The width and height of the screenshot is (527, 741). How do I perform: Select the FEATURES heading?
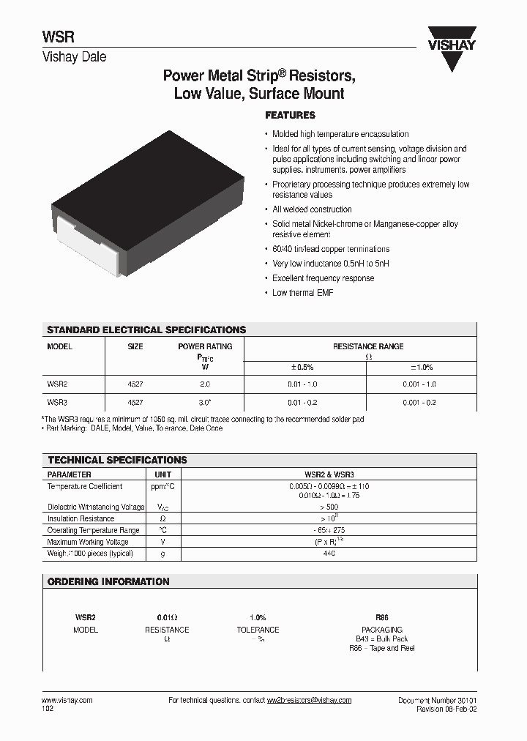[x=290, y=116]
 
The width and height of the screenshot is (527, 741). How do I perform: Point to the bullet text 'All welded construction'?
[x=312, y=209]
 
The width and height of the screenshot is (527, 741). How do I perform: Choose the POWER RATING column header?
[x=205, y=346]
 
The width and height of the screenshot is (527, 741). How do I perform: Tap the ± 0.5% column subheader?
[x=302, y=367]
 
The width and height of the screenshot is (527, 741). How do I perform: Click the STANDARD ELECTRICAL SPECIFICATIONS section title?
[x=146, y=330]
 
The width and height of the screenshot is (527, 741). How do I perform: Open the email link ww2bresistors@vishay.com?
[x=309, y=700]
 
